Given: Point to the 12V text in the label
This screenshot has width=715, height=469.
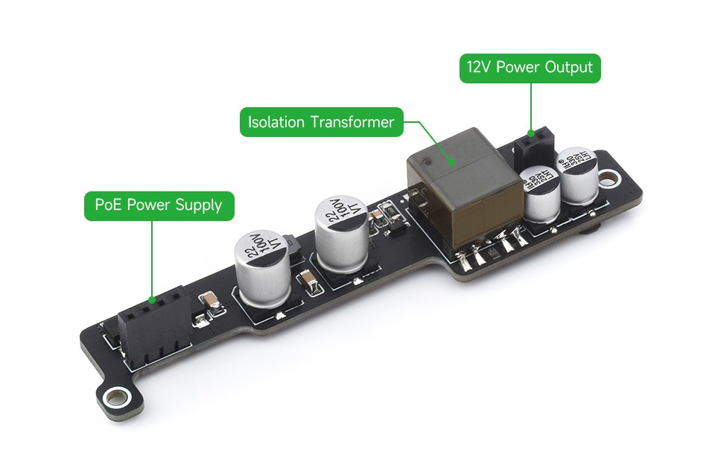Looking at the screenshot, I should point(479,68).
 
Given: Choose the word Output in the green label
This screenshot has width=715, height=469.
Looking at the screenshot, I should point(568,68).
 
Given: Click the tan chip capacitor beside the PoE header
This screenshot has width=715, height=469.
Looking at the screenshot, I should point(212,301).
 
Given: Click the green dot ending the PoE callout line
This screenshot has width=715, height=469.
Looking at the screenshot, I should point(152,299).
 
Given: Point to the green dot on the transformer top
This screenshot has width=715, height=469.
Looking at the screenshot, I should point(450,158).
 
